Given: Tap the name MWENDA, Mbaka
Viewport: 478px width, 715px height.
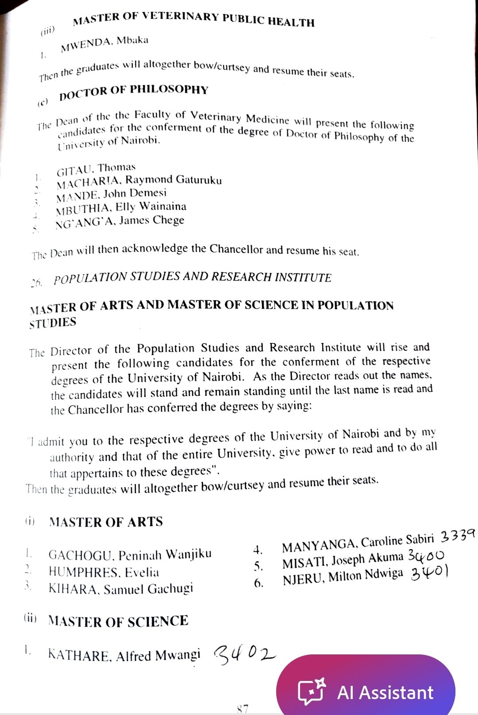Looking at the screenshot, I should tap(104, 43).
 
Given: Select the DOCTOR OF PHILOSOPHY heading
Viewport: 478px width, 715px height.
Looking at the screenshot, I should tap(133, 91).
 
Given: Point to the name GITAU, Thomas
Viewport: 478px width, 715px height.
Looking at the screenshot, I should tap(96, 168).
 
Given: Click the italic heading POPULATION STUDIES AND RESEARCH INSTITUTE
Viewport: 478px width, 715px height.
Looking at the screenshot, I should tap(193, 278).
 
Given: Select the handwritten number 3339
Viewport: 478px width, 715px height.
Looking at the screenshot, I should tap(458, 536).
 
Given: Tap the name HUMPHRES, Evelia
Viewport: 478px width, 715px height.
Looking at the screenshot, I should tap(104, 572).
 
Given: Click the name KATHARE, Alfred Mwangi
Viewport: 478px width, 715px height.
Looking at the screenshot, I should tap(124, 655).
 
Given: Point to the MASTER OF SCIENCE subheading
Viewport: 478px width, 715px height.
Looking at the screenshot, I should tap(118, 621).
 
